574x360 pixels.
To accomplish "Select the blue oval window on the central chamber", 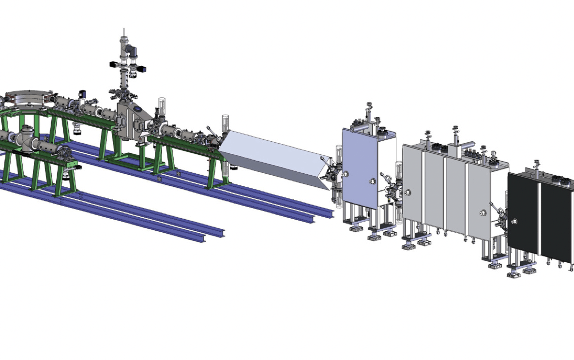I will (x=139, y=110).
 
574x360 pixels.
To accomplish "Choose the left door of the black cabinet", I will (x=523, y=213).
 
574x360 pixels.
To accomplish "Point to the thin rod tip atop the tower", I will (x=124, y=30).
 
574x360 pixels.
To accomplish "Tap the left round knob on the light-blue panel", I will (x=346, y=173).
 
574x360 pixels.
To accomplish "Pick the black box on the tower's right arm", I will (x=143, y=69).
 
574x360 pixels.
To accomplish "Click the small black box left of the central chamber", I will (x=82, y=92).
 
